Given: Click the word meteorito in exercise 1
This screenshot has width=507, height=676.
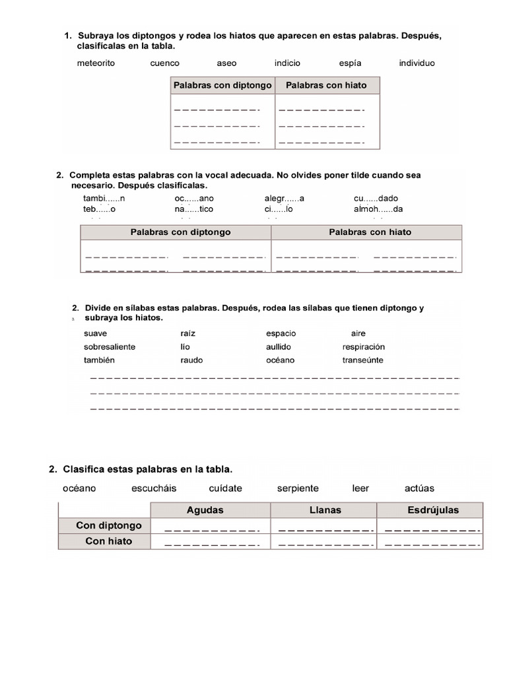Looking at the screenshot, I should [x=96, y=63].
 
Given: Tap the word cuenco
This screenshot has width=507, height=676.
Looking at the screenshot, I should [x=164, y=63].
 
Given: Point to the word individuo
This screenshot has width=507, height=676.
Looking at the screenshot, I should [x=417, y=63].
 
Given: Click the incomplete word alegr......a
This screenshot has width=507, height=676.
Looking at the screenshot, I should [x=285, y=198].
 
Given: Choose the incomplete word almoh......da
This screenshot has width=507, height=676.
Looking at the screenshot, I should [x=378, y=209].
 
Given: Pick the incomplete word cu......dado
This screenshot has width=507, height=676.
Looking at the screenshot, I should [x=376, y=198].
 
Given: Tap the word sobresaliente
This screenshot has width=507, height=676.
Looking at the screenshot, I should [x=110, y=347].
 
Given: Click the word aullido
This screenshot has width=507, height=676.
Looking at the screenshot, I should [x=278, y=347].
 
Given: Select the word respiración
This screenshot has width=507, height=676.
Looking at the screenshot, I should [x=363, y=347].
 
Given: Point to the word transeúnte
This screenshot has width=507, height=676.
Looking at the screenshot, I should [x=362, y=360].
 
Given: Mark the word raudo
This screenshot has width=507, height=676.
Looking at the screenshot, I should [x=191, y=360].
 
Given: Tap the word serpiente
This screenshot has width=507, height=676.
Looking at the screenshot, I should [x=298, y=489].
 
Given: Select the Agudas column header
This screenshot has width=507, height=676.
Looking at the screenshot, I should [x=205, y=510].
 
